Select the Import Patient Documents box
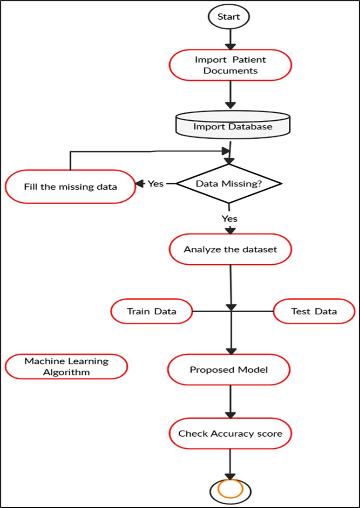[231, 66]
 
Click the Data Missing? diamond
[228, 184]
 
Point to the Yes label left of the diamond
[156, 184]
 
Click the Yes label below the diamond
[230, 218]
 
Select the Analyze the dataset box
[230, 249]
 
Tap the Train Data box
[152, 311]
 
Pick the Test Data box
[314, 311]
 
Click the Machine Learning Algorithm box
[66, 366]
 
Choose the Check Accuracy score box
[230, 433]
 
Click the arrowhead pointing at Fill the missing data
[139, 184]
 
